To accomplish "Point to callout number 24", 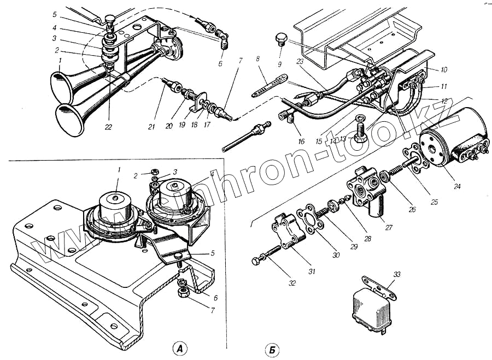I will point(458,186).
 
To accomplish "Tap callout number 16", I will point(301,141).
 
